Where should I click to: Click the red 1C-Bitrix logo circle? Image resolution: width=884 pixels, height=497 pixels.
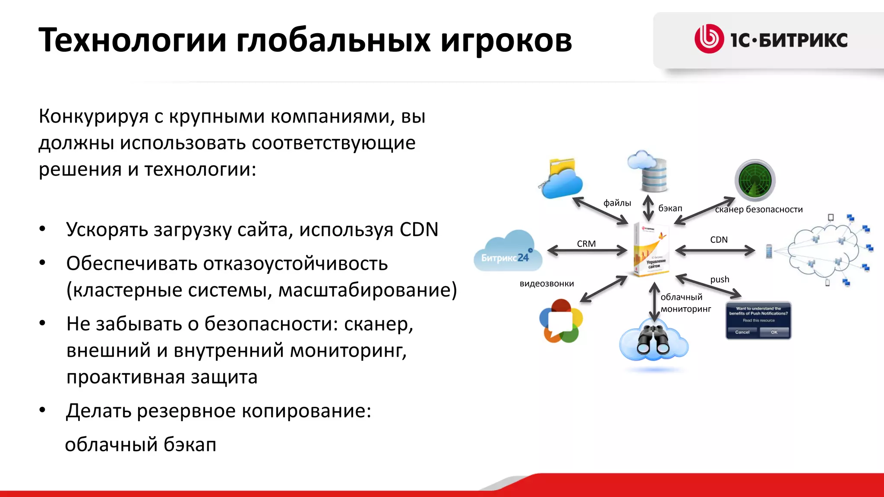708,39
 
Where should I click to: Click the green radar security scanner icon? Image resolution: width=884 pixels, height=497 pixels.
755,180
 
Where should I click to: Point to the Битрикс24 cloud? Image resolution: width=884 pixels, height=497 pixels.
508,252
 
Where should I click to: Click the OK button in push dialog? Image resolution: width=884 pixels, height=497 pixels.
774,332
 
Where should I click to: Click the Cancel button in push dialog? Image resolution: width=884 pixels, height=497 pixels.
742,332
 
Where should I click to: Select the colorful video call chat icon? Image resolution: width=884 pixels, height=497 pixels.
561,321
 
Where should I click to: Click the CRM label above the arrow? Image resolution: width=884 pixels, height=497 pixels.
586,244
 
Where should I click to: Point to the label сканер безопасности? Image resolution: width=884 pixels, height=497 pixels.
759,210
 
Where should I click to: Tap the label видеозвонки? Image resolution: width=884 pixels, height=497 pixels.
546,284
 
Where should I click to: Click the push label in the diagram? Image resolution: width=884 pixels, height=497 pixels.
720,280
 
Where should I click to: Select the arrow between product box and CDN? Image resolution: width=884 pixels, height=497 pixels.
715,250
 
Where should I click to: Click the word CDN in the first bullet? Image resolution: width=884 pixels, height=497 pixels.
419,230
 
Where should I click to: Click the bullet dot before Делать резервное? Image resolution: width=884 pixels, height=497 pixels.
42,410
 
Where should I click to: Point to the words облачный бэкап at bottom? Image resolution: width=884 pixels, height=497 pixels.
141,445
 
